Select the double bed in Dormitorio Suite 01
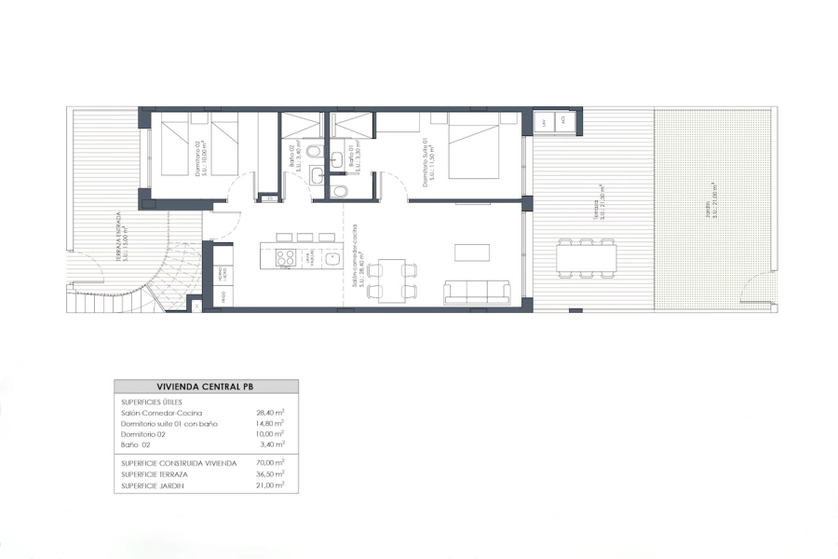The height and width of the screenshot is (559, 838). point(474,145)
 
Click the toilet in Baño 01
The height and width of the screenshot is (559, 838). point(340,191)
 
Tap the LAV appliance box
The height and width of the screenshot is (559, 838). point(544,122)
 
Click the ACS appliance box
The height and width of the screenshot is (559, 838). point(561,122)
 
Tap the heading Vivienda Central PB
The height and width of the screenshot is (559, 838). point(207,387)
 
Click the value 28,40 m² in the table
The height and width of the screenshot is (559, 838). point(270,412)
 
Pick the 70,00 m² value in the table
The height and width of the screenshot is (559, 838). point(271,462)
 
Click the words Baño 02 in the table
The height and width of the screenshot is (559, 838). point(137,445)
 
